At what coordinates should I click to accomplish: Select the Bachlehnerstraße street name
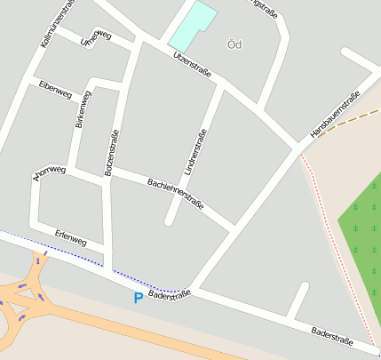tap(176, 193)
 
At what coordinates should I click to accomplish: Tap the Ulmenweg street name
tap(95, 38)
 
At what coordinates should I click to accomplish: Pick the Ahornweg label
tap(50, 172)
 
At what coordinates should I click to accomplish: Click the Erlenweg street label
tap(71, 239)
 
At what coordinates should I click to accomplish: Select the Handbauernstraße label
tap(335, 115)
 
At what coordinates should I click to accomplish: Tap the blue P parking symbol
tap(138, 298)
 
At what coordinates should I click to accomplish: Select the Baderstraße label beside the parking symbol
tap(169, 293)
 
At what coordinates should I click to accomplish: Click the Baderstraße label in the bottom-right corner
tap(332, 336)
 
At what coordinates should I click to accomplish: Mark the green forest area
tap(362, 240)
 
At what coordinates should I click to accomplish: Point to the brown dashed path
tap(351, 122)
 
